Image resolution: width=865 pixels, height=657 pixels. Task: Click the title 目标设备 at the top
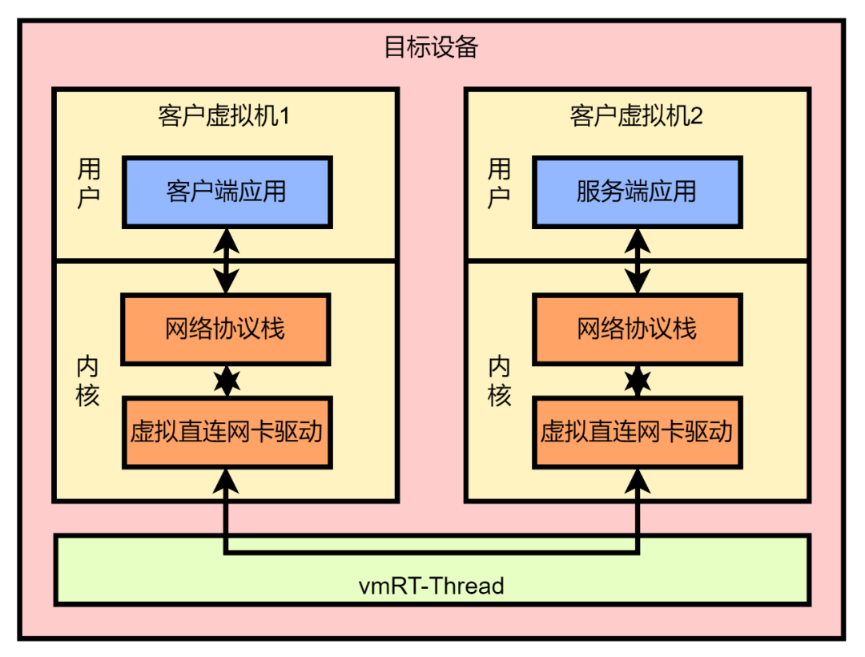point(431,47)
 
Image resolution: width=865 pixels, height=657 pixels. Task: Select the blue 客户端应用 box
point(227,192)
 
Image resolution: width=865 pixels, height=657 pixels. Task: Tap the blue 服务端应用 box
point(637,192)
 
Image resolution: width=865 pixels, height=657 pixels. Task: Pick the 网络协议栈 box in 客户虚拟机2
point(637,329)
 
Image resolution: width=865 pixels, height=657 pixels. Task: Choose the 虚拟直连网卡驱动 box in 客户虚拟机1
point(227,432)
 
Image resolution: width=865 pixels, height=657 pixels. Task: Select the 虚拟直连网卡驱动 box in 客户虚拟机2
point(637,432)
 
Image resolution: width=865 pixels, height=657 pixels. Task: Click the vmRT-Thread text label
point(431,586)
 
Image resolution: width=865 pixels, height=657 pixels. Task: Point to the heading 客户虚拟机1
point(223,116)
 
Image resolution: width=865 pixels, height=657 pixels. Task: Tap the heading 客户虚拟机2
point(636,116)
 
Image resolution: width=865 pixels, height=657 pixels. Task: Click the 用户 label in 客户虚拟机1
point(88,183)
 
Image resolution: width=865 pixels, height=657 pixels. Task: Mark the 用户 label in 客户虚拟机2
point(499,183)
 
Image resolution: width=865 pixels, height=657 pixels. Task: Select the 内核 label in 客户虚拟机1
point(88,381)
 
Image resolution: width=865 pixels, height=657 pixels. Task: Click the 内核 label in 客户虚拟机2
point(499,381)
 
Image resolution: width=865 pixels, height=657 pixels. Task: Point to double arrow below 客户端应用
point(227,260)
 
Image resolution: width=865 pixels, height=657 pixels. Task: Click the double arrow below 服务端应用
point(638,260)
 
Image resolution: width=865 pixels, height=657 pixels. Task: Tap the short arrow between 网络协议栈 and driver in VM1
point(227,381)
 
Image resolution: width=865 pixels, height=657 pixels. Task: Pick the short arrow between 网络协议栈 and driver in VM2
point(638,381)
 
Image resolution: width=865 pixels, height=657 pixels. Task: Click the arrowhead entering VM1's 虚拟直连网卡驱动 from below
point(227,481)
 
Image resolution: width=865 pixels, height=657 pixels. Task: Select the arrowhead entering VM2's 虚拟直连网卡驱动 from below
point(638,481)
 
